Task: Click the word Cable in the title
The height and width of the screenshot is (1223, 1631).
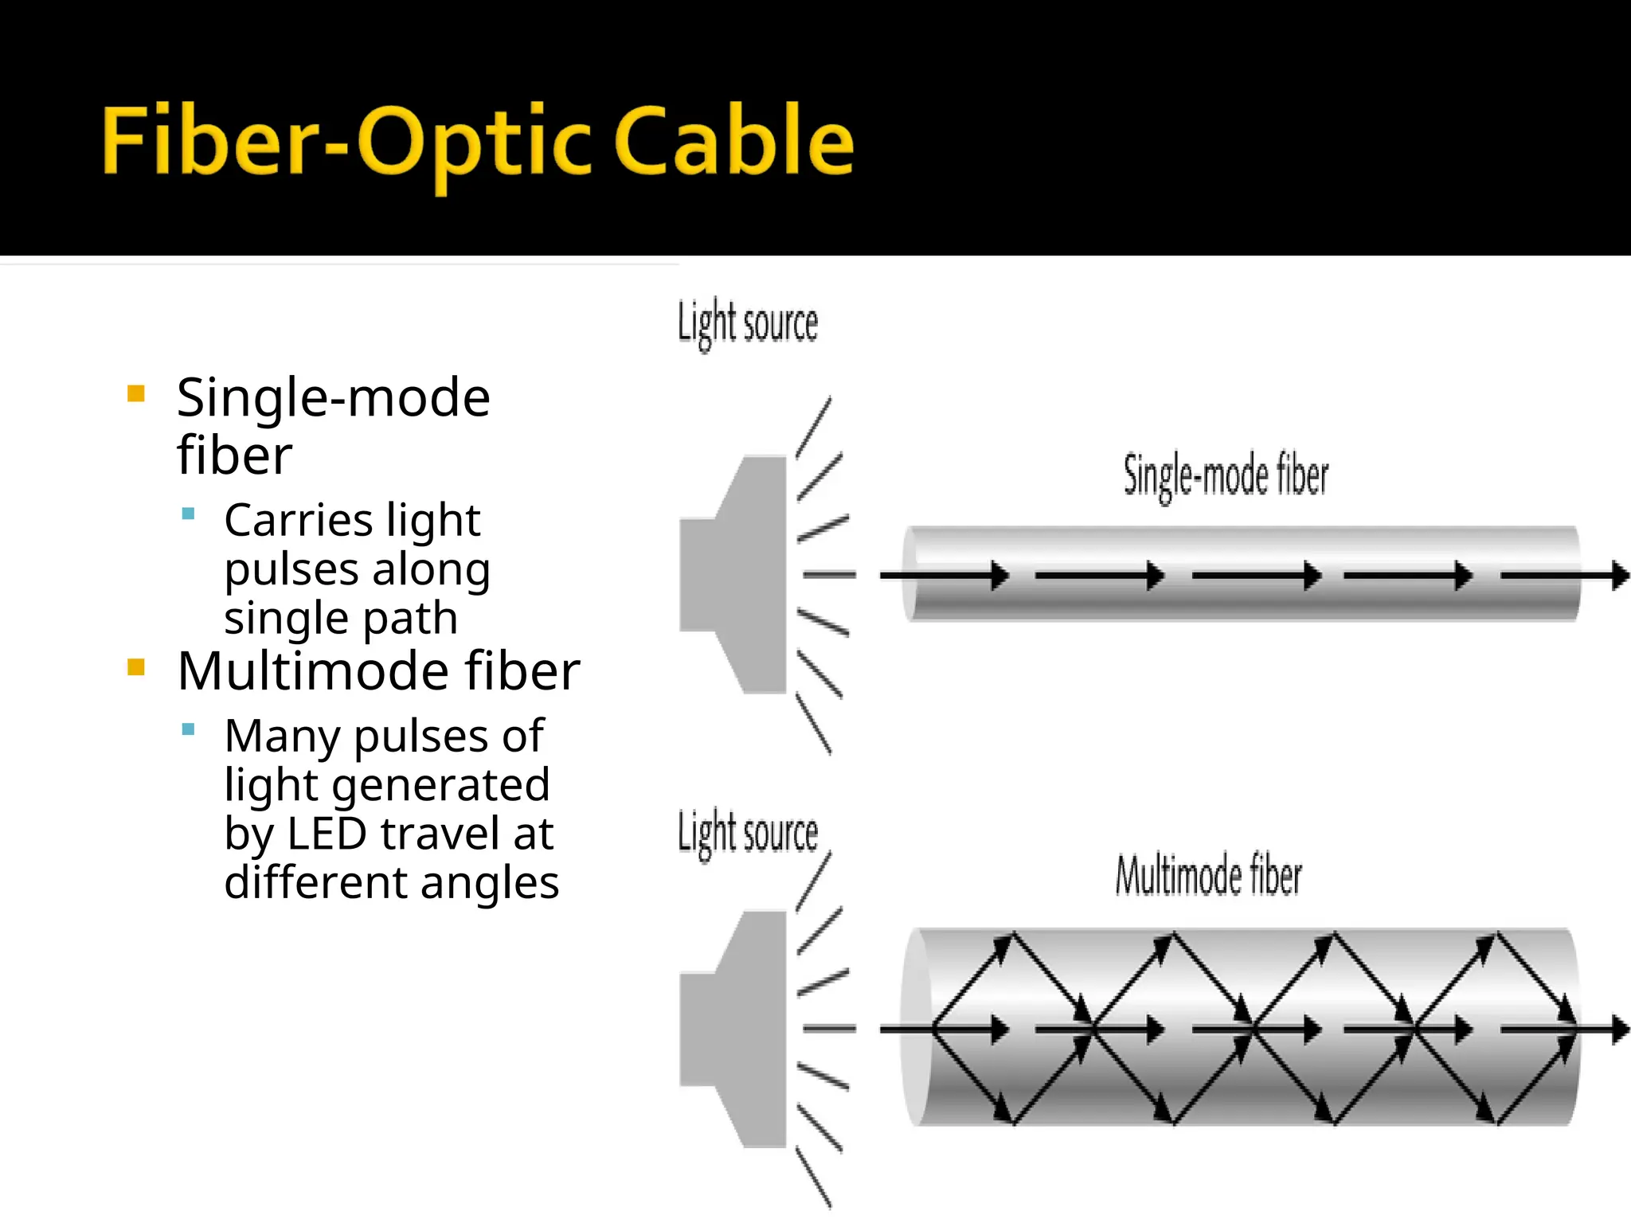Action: coord(733,142)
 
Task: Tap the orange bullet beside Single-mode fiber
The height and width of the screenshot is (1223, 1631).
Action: coord(136,393)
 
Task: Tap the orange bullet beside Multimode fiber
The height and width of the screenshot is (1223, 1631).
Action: coord(136,666)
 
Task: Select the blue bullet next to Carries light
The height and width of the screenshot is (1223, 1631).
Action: coord(189,514)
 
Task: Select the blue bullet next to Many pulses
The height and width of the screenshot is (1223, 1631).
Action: coord(189,729)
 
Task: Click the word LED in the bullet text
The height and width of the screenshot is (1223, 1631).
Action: coord(327,834)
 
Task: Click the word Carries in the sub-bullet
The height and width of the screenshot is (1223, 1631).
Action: coord(298,520)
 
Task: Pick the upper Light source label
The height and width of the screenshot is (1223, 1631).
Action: coord(747,323)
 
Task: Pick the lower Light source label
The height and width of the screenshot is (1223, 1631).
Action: coord(747,833)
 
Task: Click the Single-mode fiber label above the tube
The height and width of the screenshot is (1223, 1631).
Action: coord(1225,476)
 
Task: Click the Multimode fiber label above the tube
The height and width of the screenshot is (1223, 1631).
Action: coord(1207,875)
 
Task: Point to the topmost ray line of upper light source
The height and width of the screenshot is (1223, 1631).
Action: coord(814,427)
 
